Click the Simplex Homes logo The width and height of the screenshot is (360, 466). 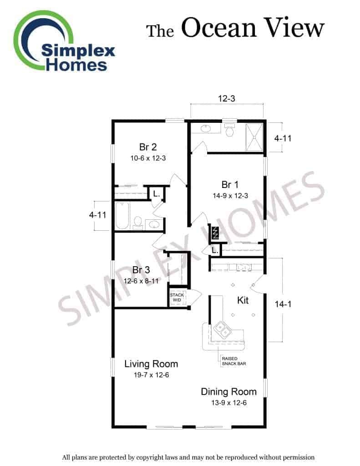click(64, 41)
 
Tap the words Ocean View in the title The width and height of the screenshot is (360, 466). click(253, 28)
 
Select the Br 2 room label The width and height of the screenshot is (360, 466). click(148, 147)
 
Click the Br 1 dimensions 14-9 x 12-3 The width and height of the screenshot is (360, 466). click(230, 196)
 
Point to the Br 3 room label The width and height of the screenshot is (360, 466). click(141, 270)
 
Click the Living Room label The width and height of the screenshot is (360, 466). click(151, 364)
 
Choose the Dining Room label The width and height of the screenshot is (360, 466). click(228, 392)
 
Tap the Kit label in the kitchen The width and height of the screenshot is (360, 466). click(243, 300)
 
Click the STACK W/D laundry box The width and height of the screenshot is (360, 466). click(177, 297)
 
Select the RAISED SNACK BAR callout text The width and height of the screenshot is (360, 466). click(233, 361)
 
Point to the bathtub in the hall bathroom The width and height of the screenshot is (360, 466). click(122, 216)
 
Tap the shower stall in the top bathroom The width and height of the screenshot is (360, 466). click(254, 137)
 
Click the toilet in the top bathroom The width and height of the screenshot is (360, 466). click(229, 129)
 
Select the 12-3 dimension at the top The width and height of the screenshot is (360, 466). click(227, 98)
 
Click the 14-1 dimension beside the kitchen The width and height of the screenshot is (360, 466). click(283, 304)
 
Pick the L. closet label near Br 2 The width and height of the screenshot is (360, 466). click(157, 194)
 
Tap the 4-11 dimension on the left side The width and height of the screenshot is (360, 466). click(97, 215)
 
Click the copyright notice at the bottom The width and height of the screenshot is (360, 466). click(188, 457)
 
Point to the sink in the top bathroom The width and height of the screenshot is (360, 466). click(205, 129)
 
